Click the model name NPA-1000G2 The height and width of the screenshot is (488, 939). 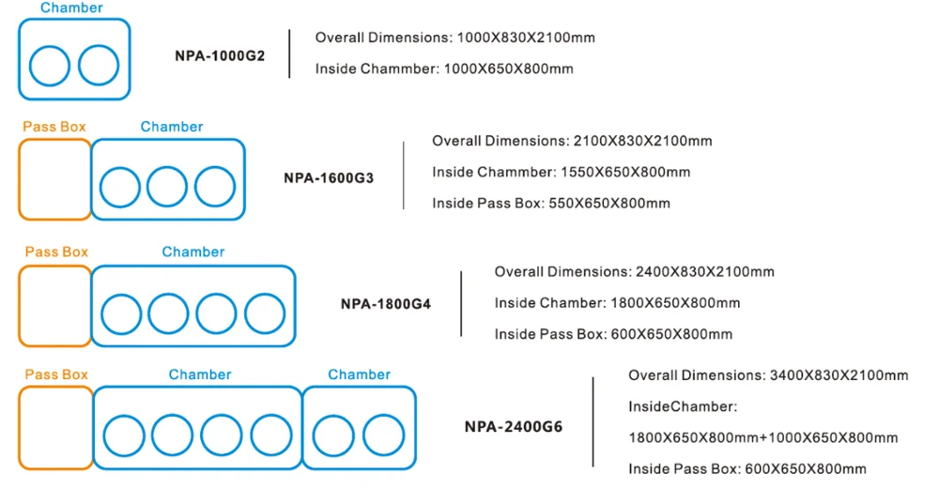point(220,55)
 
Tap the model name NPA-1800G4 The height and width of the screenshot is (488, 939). point(385,303)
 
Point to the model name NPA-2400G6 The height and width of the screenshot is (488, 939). point(514,427)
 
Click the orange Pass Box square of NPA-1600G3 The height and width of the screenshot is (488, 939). point(54,179)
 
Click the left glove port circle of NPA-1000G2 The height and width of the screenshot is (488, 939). point(50,66)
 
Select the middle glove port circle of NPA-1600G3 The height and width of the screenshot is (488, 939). point(167,187)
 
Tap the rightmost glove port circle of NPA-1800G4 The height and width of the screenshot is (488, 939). point(265,313)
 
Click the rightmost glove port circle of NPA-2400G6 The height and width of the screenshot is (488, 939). point(382,436)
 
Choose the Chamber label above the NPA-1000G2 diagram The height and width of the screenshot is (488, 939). point(71,8)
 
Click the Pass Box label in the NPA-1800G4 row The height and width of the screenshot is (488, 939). point(56,252)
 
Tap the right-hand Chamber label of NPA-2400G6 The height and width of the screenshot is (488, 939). point(359,374)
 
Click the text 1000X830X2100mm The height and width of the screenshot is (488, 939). point(526,38)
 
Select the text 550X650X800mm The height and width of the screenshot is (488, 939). point(611,203)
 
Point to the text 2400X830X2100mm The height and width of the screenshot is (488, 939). point(705,272)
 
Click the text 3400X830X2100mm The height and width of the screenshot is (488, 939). point(839,375)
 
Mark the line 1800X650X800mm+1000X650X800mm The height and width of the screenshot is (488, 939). point(762,437)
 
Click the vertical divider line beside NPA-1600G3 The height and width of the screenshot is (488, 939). point(403,175)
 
